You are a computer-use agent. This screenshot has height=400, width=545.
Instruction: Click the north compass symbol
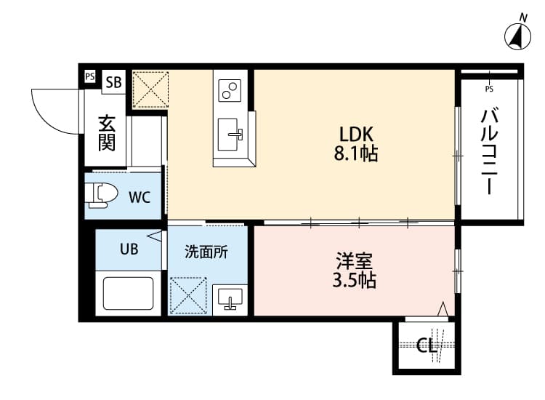click(x=518, y=35)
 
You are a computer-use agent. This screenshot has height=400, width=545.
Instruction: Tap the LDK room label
click(x=356, y=134)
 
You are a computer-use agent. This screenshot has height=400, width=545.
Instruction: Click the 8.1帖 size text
click(x=356, y=154)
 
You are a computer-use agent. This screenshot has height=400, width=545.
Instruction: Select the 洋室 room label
click(x=355, y=260)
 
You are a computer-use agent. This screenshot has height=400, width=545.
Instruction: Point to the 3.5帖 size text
click(x=355, y=280)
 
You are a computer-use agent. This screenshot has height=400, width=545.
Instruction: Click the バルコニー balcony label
click(x=489, y=151)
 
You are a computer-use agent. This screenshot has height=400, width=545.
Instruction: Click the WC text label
click(x=140, y=196)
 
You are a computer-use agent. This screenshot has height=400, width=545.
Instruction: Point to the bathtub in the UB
click(x=130, y=293)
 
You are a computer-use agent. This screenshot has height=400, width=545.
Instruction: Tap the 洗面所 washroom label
click(x=206, y=252)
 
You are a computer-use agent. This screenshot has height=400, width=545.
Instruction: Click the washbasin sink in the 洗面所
click(x=230, y=299)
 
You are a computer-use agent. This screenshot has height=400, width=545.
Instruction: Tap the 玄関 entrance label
click(x=107, y=133)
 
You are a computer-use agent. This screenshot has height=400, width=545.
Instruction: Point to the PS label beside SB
click(x=89, y=76)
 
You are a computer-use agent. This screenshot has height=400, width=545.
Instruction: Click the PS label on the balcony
click(x=488, y=89)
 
